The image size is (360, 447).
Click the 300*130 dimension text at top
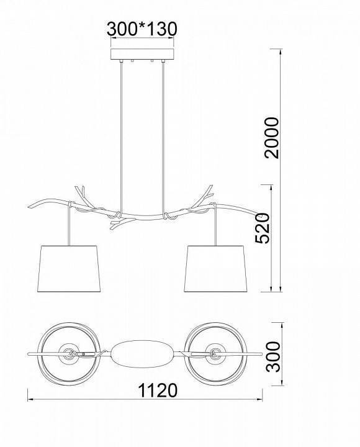click(142, 29)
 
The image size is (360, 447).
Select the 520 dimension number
click(262, 228)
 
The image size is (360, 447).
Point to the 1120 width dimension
click(158, 391)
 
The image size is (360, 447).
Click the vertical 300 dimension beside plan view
click(272, 356)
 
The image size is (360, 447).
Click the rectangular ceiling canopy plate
click(142, 55)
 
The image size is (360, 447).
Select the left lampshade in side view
click(69, 269)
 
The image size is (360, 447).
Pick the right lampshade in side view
click(215, 269)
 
